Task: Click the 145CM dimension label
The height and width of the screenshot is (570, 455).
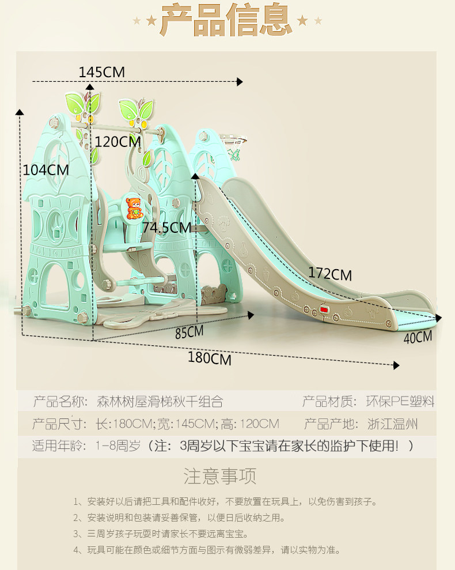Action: point(101,73)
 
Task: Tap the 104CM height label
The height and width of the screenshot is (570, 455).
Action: point(45,170)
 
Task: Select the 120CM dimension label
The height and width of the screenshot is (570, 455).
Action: point(117,142)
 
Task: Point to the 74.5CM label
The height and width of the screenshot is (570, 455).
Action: point(166,228)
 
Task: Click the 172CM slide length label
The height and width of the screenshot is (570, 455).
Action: point(329,273)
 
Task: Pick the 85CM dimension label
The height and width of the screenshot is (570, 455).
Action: point(189,333)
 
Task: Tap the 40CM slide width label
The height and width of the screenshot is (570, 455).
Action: point(418,338)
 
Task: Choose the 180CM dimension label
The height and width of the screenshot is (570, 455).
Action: point(210,358)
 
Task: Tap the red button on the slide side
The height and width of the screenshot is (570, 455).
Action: point(324,310)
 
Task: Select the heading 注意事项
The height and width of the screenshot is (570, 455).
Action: point(220,476)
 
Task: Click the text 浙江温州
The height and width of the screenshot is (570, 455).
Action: point(393,425)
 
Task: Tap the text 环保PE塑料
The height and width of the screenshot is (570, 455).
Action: point(401,402)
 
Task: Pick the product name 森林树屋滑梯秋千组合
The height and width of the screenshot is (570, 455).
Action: point(160,402)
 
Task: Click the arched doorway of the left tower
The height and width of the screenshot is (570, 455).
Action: point(55,289)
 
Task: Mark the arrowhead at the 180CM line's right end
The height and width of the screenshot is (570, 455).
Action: point(396,365)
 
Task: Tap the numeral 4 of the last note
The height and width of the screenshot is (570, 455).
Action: point(77,550)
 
